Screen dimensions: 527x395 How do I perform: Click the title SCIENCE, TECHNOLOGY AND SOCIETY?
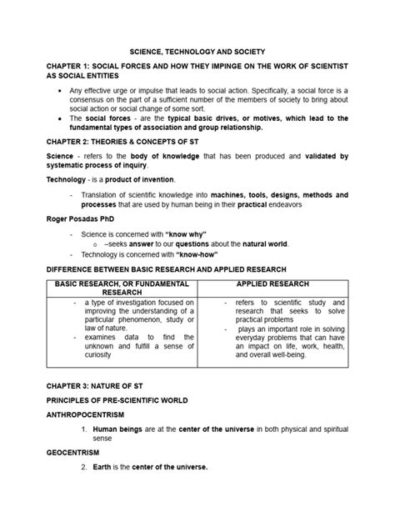click(197, 50)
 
